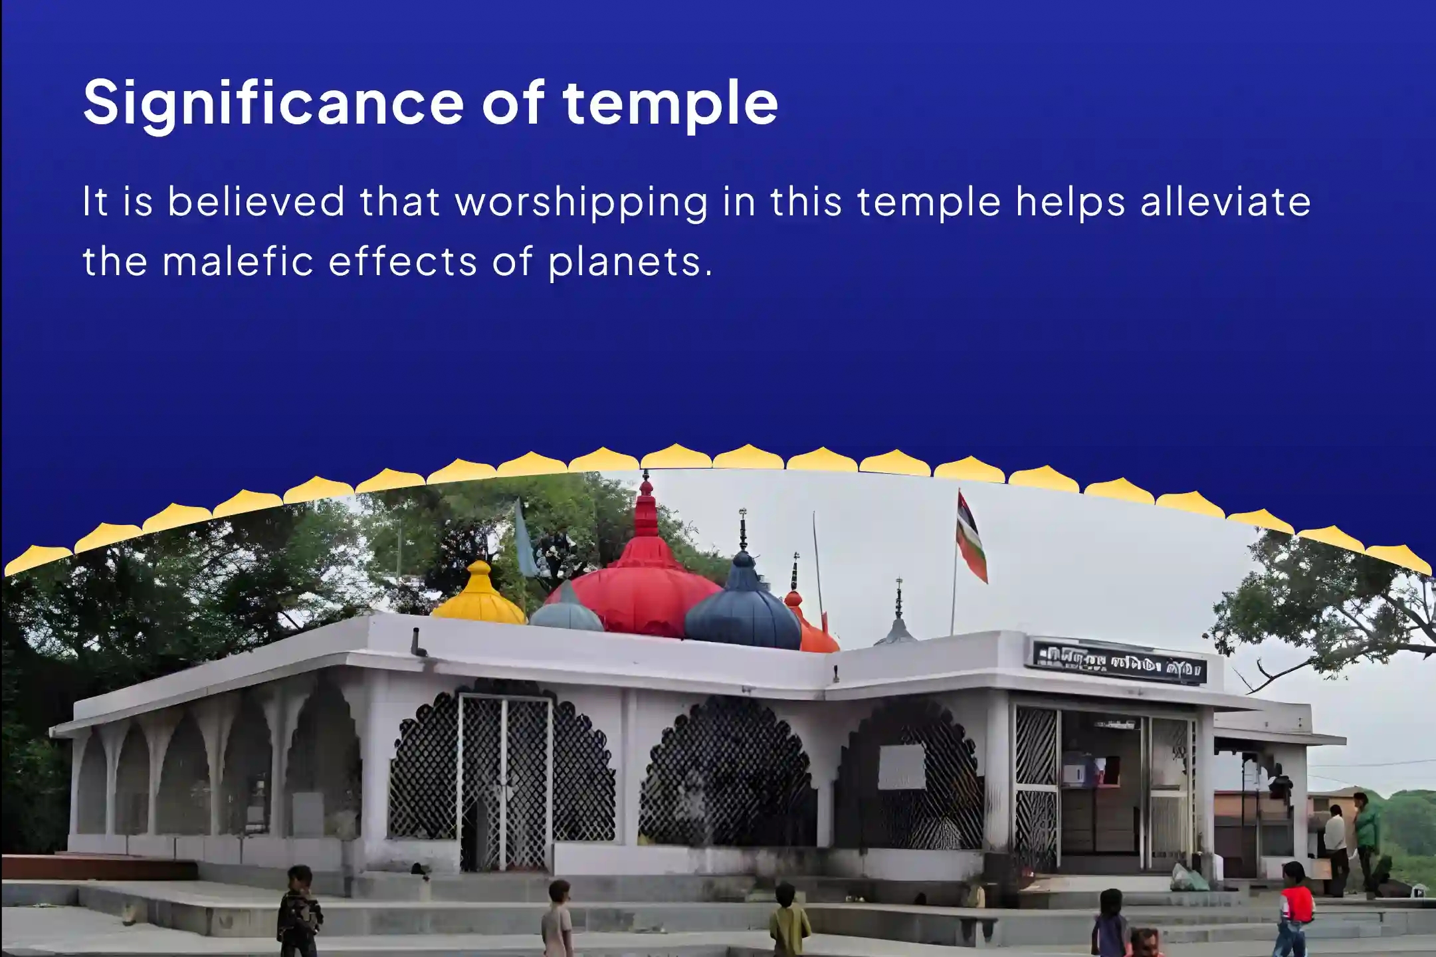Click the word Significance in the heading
(x=272, y=104)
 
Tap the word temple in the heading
(x=670, y=104)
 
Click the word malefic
(x=238, y=261)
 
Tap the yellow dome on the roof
(x=478, y=598)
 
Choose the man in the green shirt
(x=1366, y=837)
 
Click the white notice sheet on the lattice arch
(x=901, y=766)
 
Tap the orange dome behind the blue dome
(x=811, y=628)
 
